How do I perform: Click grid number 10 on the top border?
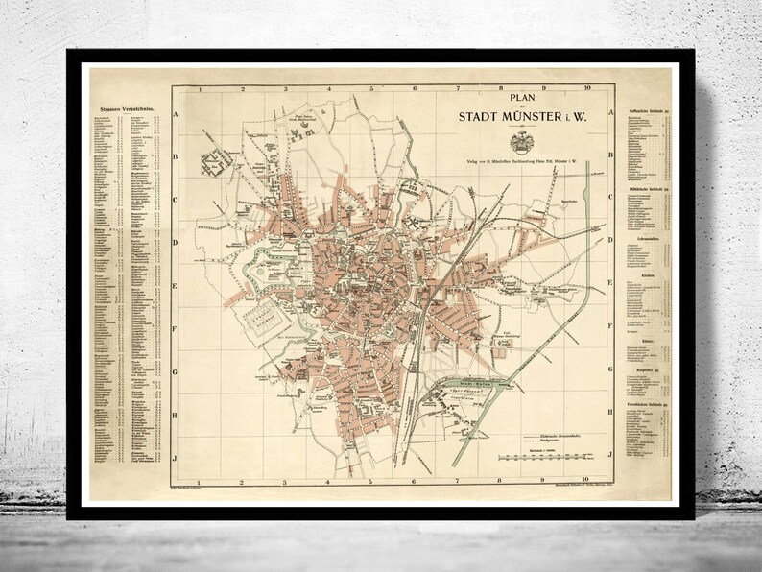(585, 88)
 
